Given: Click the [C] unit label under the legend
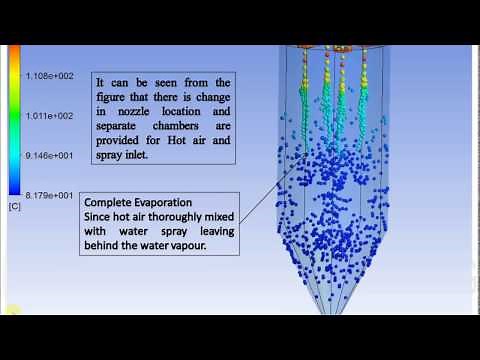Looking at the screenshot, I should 15,206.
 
